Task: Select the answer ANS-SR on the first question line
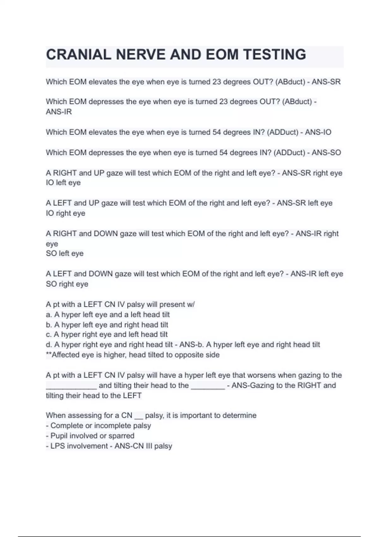(326, 82)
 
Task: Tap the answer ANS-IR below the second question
(59, 112)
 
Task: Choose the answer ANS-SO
(326, 153)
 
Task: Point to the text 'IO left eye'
(63, 183)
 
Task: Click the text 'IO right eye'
(65, 213)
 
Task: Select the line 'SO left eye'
(65, 253)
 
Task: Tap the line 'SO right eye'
(67, 284)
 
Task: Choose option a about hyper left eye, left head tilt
(108, 315)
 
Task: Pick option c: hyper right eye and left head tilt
(107, 334)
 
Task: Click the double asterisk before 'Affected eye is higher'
(49, 354)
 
